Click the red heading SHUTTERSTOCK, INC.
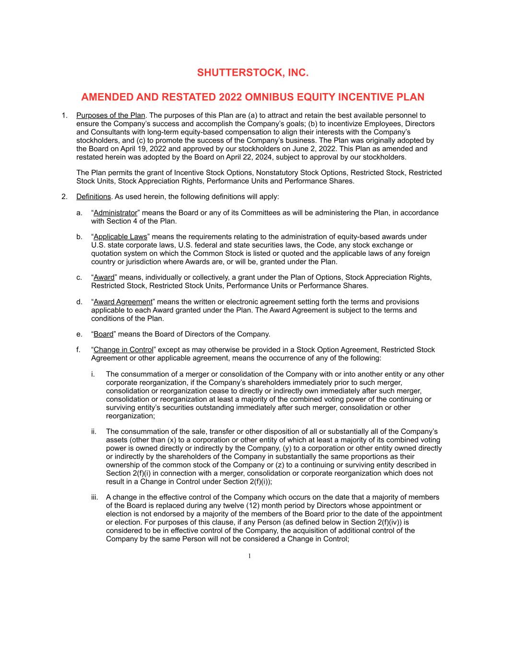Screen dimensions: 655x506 point(253,73)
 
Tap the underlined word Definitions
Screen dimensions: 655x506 point(94,197)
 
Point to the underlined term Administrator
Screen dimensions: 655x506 point(115,213)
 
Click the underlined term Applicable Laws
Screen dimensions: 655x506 point(120,237)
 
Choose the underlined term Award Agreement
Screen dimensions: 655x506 point(123,302)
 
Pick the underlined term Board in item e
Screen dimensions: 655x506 point(104,334)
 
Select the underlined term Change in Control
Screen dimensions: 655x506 point(123,350)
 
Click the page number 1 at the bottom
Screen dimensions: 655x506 point(249,556)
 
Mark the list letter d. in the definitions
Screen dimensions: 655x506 point(79,302)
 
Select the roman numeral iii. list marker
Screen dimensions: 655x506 point(94,498)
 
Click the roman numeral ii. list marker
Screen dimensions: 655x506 point(94,432)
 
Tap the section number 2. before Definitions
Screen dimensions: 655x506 point(64,197)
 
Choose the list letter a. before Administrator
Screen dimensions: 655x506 point(79,213)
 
